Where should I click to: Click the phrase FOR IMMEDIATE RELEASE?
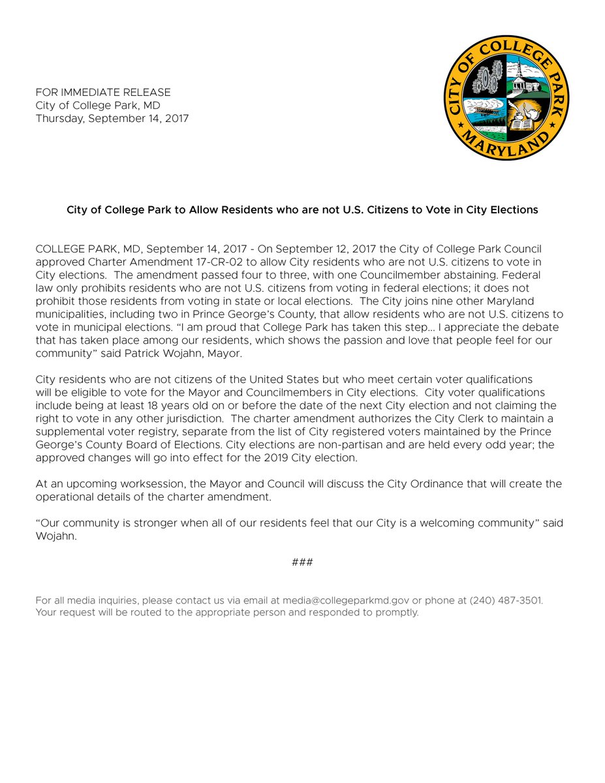point(103,93)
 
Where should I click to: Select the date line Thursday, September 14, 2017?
point(112,119)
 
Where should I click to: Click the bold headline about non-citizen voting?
point(302,210)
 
